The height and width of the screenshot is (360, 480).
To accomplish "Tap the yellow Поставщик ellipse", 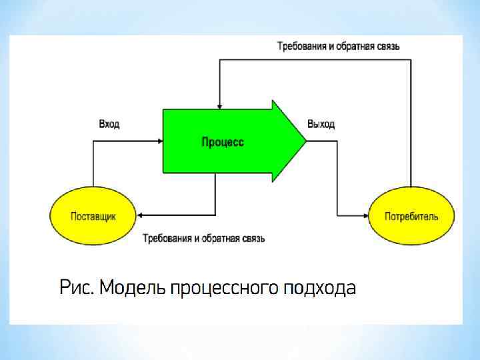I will point(93,215).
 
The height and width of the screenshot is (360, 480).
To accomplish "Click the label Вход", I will point(109,125).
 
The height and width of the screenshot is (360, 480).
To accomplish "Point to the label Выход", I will point(321,125).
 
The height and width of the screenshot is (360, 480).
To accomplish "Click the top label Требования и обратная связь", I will point(338,47).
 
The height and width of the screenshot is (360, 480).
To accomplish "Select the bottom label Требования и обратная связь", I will point(204,238).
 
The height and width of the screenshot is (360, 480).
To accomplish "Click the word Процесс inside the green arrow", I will point(223,142).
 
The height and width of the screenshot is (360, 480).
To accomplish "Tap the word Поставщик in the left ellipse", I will point(93,216).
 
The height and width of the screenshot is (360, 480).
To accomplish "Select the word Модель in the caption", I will point(132,287).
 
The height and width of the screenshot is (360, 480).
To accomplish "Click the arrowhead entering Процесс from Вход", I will point(160,141).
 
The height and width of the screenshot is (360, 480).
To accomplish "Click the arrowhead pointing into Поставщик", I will point(141,215).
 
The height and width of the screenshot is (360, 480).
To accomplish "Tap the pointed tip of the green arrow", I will point(305,141).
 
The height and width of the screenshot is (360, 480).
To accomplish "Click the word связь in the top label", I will point(386,47).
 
